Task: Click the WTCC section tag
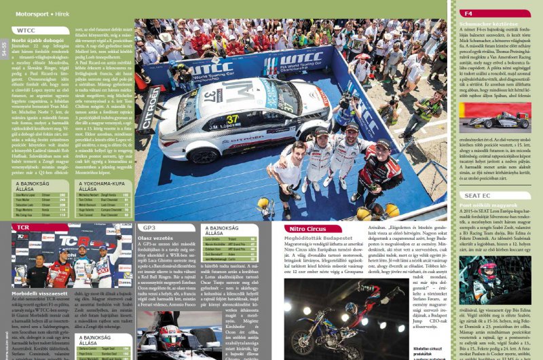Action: (26, 31)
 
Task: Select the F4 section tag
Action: (469, 13)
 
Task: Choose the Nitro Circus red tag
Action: (303, 229)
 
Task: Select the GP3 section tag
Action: (150, 227)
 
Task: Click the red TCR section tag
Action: (24, 228)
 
